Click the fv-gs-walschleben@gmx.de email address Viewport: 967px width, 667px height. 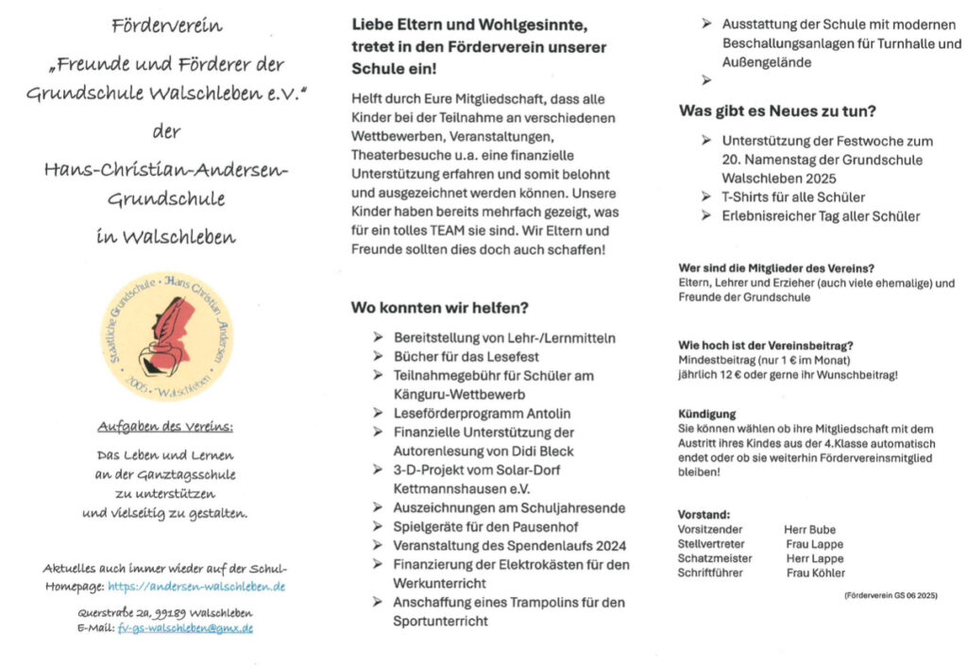(185, 627)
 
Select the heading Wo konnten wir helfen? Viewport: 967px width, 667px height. (439, 308)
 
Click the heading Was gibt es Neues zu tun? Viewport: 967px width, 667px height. (777, 111)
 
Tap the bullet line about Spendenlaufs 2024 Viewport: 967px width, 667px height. (510, 545)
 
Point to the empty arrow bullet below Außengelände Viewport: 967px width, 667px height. (707, 81)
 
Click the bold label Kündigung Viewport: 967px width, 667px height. (706, 414)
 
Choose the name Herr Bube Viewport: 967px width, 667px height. (809, 530)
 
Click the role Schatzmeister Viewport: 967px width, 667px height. (715, 558)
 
